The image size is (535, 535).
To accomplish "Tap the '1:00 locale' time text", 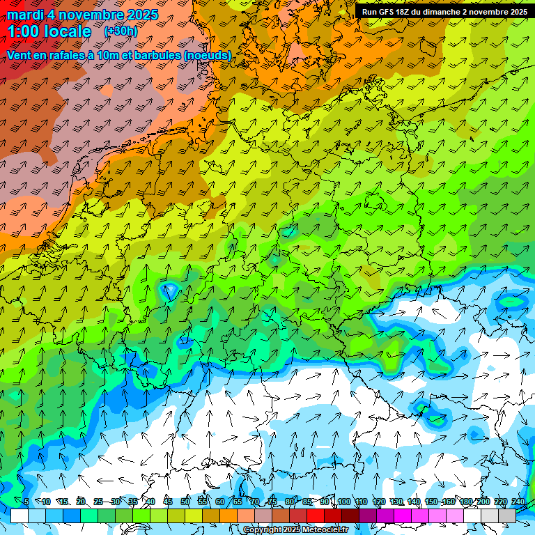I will tap(49, 32).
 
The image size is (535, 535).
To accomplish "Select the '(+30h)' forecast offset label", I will tap(121, 31).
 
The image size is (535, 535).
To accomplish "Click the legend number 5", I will tap(26, 502).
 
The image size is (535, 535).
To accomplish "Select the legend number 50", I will tap(185, 502).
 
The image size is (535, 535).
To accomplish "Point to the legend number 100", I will tap(343, 502).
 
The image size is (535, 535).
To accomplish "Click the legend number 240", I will tap(518, 502).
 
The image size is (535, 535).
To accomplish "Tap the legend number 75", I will tap(272, 502).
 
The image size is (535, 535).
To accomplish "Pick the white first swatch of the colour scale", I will tap(20, 515).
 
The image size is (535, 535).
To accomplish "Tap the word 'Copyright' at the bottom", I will tap(263, 529).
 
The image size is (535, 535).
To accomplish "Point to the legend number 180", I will tap(465, 502).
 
